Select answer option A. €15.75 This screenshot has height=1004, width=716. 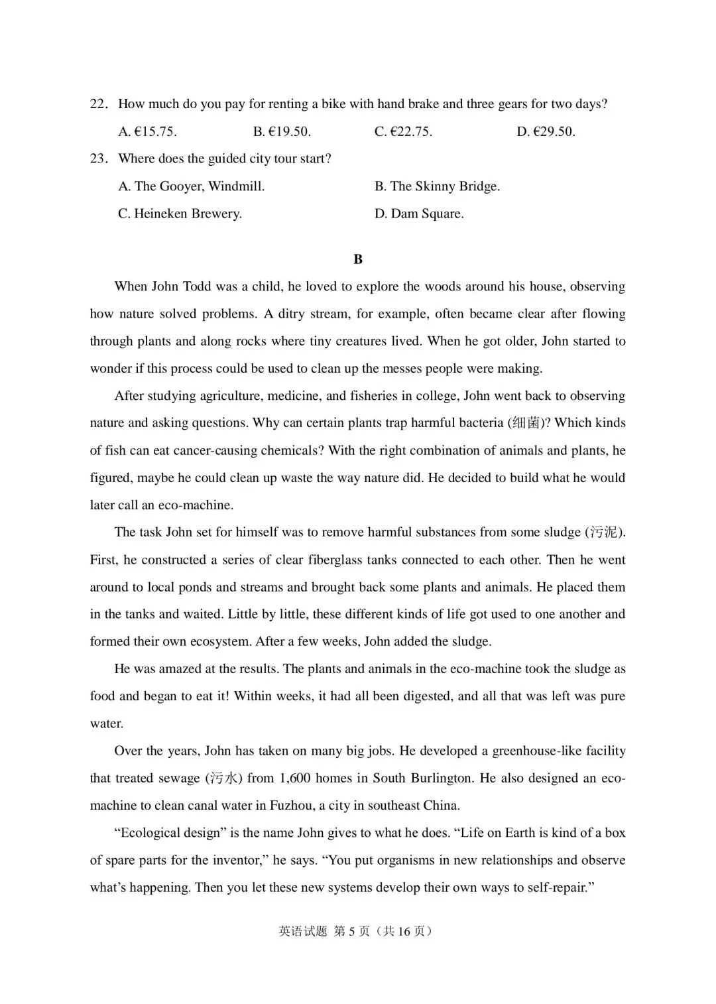coord(147,131)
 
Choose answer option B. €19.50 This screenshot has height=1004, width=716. coord(282,131)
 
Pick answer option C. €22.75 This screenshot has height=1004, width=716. coord(403,131)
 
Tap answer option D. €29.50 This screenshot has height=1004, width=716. coord(546,131)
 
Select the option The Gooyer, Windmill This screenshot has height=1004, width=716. coord(192,186)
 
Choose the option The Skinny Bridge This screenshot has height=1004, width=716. coord(438,186)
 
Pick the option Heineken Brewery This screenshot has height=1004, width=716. coord(180,214)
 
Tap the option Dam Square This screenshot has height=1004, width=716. coord(419,214)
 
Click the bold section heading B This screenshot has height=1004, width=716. coord(358,259)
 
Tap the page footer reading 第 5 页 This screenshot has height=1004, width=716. coord(351,931)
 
